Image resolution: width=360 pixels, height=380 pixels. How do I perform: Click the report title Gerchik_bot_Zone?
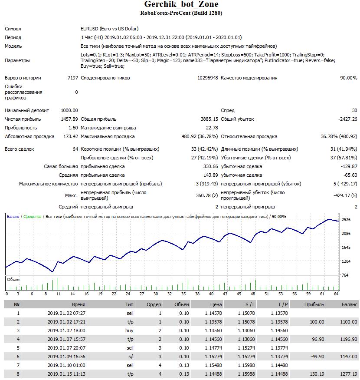(181, 5)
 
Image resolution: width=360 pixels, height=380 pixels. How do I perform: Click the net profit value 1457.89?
(69, 119)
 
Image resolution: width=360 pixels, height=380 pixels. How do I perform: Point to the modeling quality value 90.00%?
(349, 78)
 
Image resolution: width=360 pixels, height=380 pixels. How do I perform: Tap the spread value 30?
(354, 110)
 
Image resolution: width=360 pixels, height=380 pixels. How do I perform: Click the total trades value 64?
(75, 149)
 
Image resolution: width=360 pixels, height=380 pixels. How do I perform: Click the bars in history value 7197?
(73, 78)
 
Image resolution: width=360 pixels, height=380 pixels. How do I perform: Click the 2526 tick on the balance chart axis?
(346, 220)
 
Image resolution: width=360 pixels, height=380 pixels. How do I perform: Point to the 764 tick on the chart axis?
(345, 275)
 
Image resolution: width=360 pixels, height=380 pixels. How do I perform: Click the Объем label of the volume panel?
(13, 280)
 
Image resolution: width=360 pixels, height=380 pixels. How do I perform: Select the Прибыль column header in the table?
(314, 304)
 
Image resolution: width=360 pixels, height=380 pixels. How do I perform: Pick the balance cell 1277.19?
(349, 374)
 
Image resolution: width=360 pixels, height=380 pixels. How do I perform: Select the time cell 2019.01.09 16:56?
(66, 357)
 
